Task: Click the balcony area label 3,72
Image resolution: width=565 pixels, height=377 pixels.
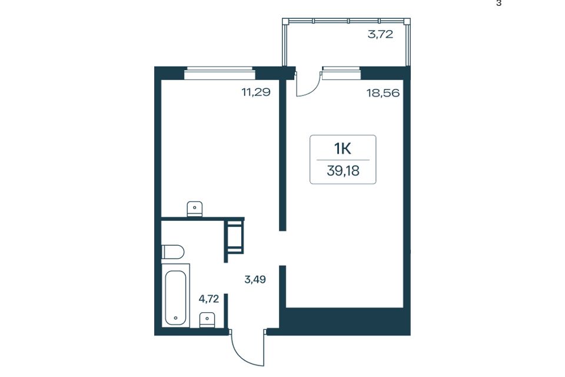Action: click(380, 35)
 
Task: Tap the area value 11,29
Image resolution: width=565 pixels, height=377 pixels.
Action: click(256, 92)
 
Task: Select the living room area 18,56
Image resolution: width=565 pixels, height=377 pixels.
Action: click(383, 93)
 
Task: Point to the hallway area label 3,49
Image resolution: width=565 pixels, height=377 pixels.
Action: click(255, 279)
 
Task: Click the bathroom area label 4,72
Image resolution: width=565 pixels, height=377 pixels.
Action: click(209, 299)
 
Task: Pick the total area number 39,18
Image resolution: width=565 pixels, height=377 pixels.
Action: click(343, 171)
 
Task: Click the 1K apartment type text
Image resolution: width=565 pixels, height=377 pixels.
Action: click(343, 148)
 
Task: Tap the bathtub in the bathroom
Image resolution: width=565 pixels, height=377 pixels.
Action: click(175, 297)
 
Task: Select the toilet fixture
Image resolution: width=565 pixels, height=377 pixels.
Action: click(172, 252)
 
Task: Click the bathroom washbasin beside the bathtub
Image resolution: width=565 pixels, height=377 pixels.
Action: click(207, 320)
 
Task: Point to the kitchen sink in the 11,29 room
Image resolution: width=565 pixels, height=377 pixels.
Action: click(195, 209)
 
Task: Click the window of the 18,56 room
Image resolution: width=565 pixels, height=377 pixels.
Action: click(341, 73)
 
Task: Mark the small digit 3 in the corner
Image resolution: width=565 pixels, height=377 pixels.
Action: click(498, 4)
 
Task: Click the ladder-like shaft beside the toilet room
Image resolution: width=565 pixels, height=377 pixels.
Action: click(235, 237)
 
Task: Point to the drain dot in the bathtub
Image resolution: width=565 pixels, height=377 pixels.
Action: click(175, 318)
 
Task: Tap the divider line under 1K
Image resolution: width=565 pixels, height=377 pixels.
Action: click(343, 160)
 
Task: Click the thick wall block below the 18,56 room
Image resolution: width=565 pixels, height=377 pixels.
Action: click(345, 322)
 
